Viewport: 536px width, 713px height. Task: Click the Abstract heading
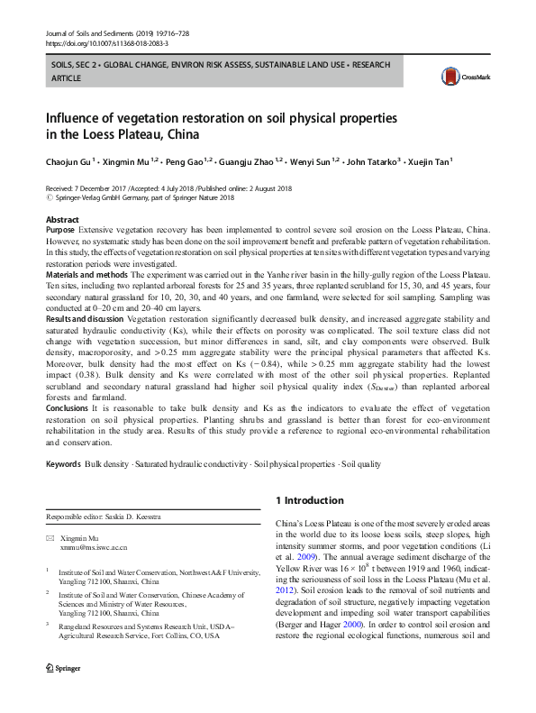(x=62, y=219)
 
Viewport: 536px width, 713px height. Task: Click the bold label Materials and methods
(x=86, y=274)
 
